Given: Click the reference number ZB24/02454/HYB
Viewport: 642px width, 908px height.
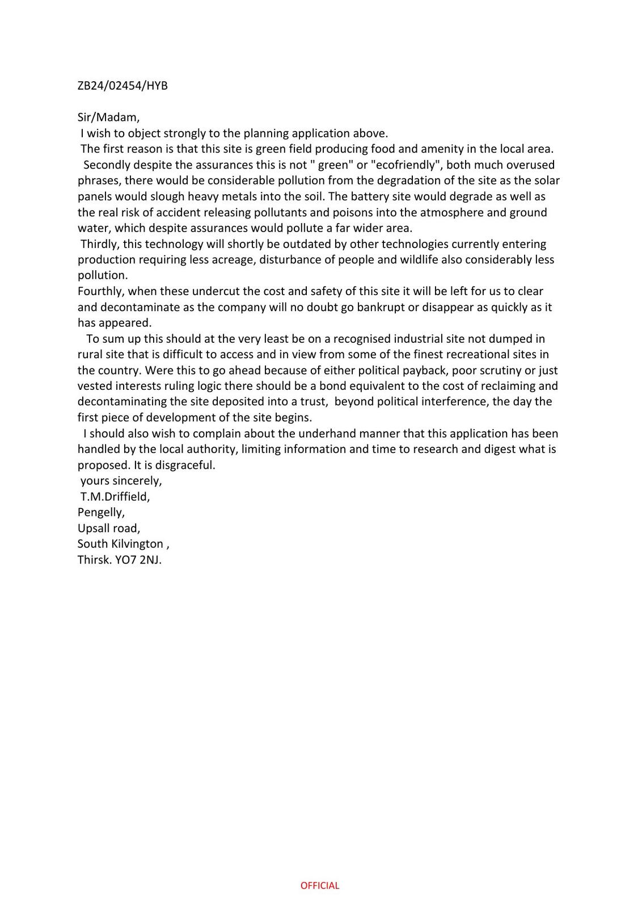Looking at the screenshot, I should (x=123, y=86).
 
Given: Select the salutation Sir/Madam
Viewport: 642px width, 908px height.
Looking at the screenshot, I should (x=108, y=117).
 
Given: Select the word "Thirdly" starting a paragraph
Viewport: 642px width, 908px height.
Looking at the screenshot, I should (x=100, y=244).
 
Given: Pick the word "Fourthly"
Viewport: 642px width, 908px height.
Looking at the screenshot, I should (x=101, y=291).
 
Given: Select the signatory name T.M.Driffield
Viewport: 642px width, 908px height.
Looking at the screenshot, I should (x=115, y=497).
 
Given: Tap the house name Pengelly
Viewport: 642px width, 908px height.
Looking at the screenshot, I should (x=101, y=512).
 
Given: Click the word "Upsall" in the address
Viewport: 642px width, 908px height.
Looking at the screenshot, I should (x=94, y=528).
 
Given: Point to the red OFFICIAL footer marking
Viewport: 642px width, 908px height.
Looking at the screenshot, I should (x=320, y=885).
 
